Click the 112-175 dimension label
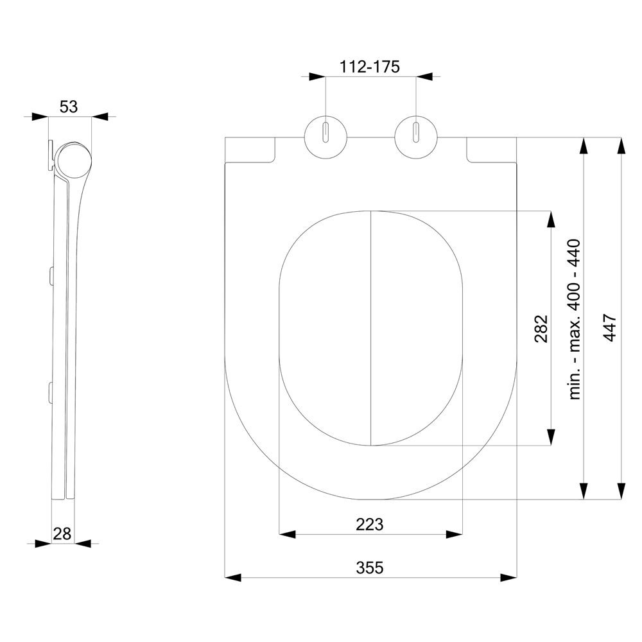(x=369, y=66)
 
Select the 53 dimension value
(x=69, y=107)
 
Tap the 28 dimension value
(x=62, y=534)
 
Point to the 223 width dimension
(x=369, y=524)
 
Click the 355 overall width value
(x=370, y=568)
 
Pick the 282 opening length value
(x=541, y=328)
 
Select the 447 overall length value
(x=610, y=327)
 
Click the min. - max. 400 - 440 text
(x=575, y=319)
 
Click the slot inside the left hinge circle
(x=326, y=132)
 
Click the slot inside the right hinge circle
(x=416, y=132)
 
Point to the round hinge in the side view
(x=74, y=160)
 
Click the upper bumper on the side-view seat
(x=51, y=276)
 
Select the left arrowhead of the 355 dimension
(x=233, y=578)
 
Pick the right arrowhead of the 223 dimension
(x=454, y=534)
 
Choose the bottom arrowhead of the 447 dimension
(x=621, y=491)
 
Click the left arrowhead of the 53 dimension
(x=40, y=117)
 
